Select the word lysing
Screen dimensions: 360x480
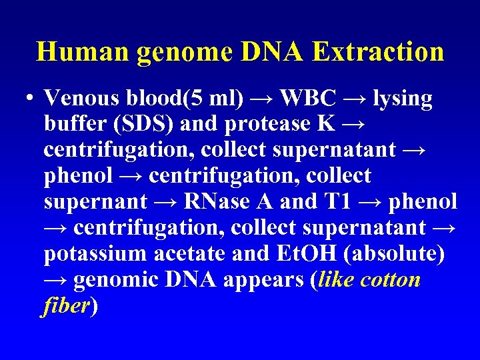(x=403, y=99)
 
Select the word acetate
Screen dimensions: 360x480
(x=191, y=253)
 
